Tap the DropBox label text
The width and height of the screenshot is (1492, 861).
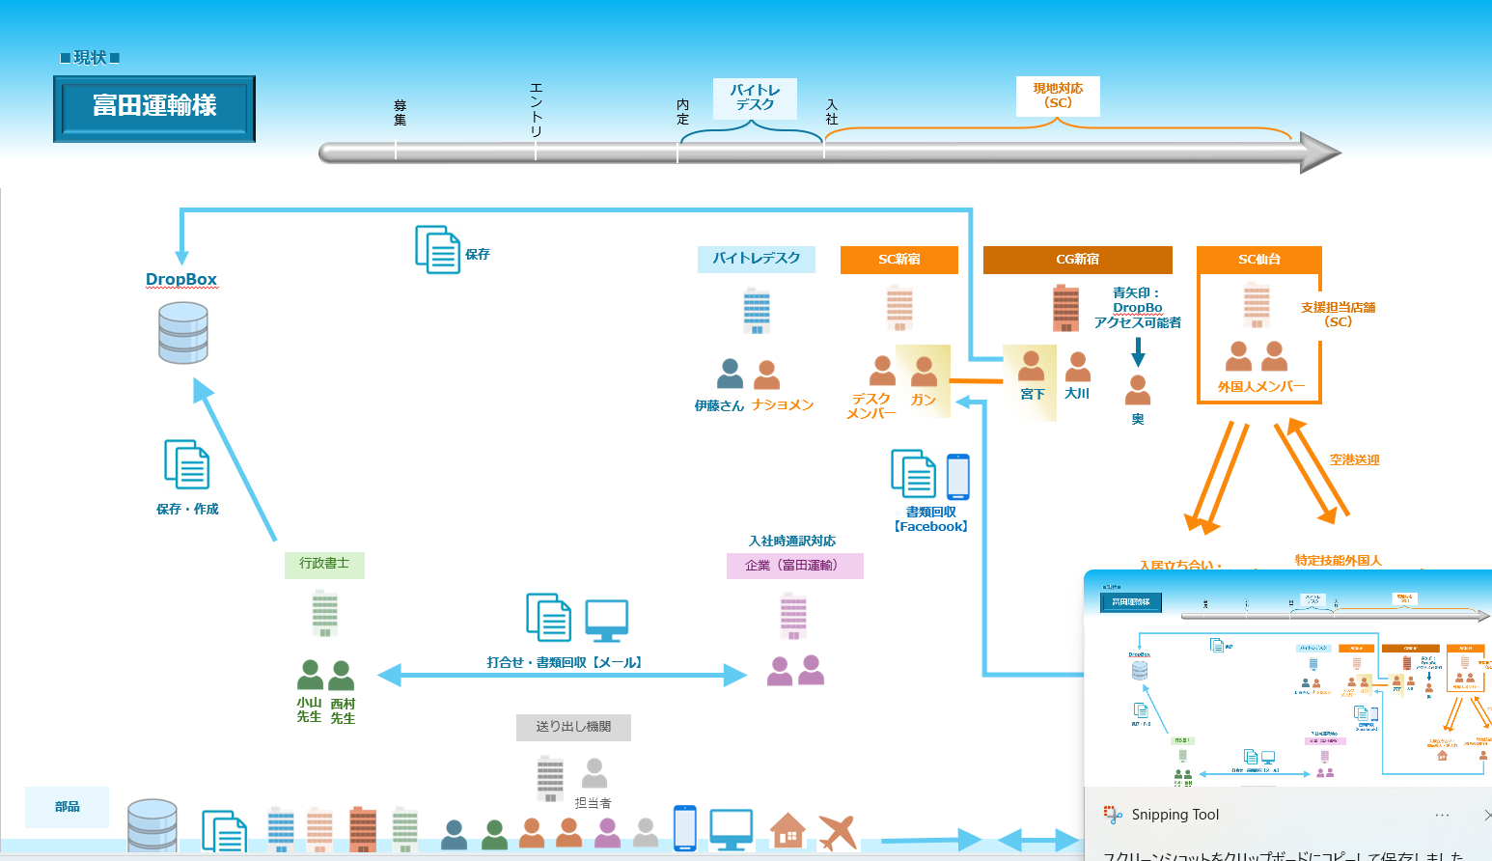pyautogui.click(x=181, y=279)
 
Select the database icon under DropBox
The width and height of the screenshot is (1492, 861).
pyautogui.click(x=183, y=333)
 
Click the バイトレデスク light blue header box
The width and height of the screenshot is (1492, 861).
pyautogui.click(x=756, y=259)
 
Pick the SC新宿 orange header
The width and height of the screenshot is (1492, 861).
pyautogui.click(x=898, y=260)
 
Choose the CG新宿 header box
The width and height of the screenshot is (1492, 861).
pyautogui.click(x=1077, y=260)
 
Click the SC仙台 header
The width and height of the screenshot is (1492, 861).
pyautogui.click(x=1258, y=260)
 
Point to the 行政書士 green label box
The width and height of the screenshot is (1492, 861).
pyautogui.click(x=324, y=564)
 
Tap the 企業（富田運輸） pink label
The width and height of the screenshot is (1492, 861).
pyautogui.click(x=794, y=566)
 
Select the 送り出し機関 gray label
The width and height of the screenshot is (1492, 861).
pyautogui.click(x=573, y=727)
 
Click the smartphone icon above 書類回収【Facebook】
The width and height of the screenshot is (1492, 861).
pyautogui.click(x=957, y=477)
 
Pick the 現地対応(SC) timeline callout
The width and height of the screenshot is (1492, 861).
pyautogui.click(x=1058, y=97)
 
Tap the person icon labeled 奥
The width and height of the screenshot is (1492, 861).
pyautogui.click(x=1138, y=390)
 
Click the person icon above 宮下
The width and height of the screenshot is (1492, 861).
pyautogui.click(x=1031, y=367)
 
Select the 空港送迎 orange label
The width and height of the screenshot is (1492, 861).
pyautogui.click(x=1354, y=460)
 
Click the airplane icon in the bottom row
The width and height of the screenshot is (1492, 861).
pyautogui.click(x=838, y=832)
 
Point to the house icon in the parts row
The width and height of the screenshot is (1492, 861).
pyautogui.click(x=787, y=831)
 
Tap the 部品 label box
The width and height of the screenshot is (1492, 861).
pyautogui.click(x=68, y=807)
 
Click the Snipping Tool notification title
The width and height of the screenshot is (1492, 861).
pyautogui.click(x=1174, y=815)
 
